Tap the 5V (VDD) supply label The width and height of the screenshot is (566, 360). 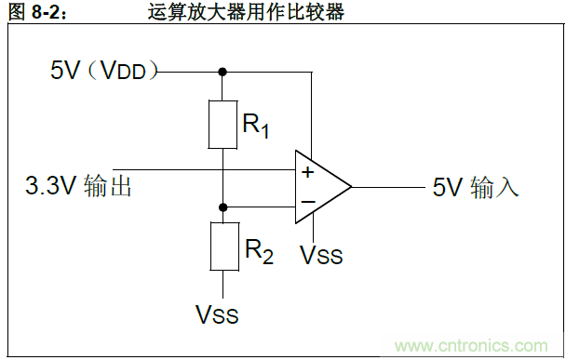click(x=104, y=71)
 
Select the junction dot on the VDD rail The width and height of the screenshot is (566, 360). click(x=222, y=71)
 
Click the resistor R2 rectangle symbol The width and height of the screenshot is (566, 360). click(x=222, y=247)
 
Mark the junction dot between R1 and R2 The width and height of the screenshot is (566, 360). click(x=222, y=207)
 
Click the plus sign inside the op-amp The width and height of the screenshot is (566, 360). click(x=307, y=172)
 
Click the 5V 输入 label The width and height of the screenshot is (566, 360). click(x=475, y=187)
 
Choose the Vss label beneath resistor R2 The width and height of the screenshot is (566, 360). click(x=216, y=315)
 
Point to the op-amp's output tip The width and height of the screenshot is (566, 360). click(x=350, y=187)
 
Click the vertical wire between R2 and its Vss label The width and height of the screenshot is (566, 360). click(x=222, y=284)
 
